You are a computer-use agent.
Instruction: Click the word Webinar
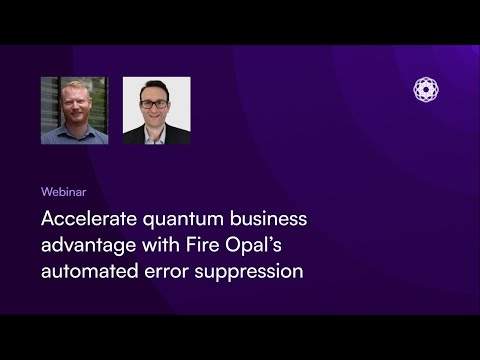[64, 192]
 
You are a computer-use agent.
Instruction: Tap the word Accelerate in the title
[89, 219]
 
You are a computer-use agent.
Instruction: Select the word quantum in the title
[183, 220]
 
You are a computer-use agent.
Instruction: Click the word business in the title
[269, 219]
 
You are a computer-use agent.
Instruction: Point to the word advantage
[89, 246]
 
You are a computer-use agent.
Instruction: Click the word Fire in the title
[202, 245]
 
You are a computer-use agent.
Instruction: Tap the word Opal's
[253, 246]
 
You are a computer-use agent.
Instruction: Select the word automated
[90, 271]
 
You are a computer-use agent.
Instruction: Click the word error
[166, 272]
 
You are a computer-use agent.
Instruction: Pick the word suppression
[249, 272]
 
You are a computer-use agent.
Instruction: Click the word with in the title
[161, 245]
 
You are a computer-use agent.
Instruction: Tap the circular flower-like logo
[426, 89]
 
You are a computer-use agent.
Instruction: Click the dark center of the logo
[426, 89]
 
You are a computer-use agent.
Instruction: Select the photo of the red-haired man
[75, 110]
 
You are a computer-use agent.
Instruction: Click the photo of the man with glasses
[157, 110]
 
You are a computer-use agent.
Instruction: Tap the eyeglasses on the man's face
[154, 104]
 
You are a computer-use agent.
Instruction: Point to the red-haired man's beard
[76, 116]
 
